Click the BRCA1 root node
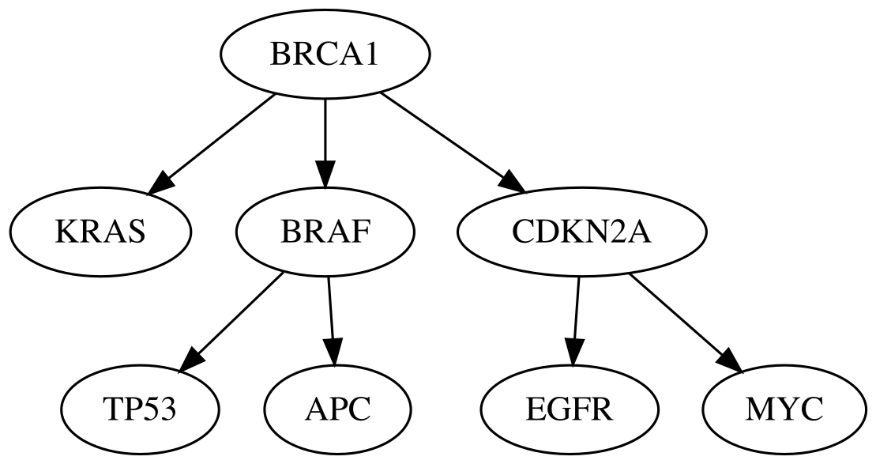tap(325, 55)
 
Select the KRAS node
tap(101, 232)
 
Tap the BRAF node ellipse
tap(325, 232)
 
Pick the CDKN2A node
tap(581, 232)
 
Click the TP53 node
tap(141, 409)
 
